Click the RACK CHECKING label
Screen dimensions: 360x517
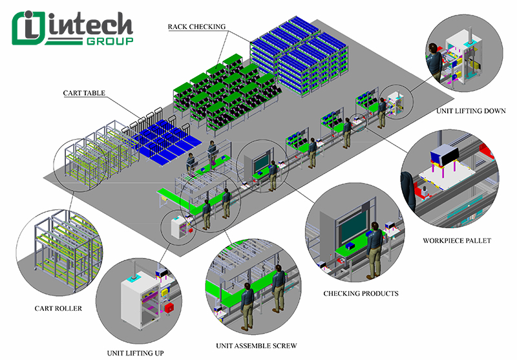[197, 26]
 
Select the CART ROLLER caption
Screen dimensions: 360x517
[59, 308]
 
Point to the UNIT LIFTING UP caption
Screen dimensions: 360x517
[136, 353]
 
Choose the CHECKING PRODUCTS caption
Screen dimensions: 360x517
[361, 293]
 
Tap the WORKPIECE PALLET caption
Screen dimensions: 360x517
[457, 241]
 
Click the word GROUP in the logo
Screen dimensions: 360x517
[110, 41]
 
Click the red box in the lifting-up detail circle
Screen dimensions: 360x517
[169, 308]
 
